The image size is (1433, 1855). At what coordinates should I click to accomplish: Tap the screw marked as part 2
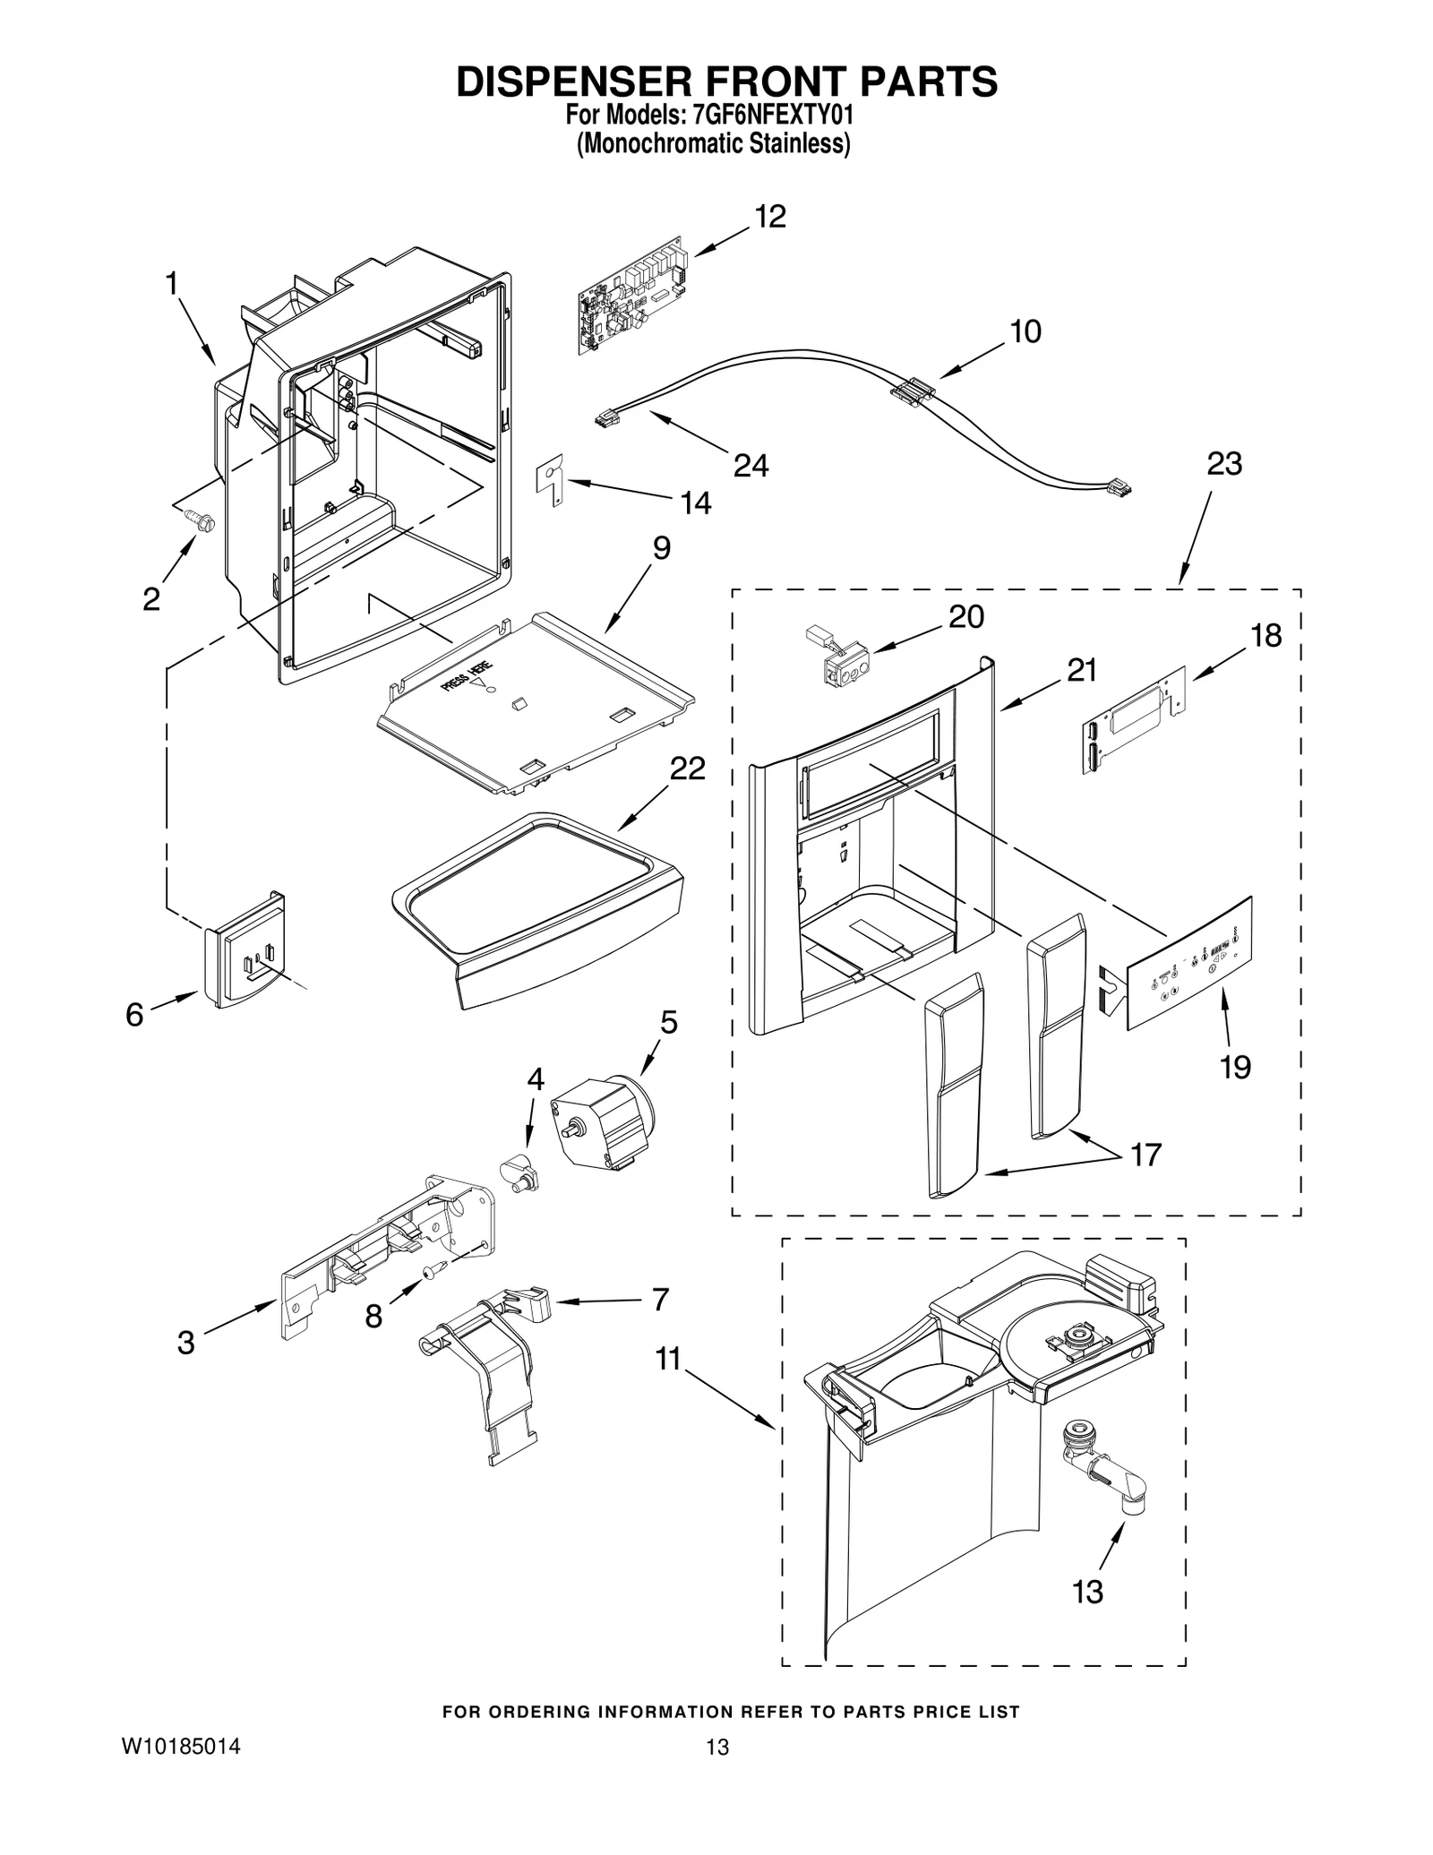click(198, 519)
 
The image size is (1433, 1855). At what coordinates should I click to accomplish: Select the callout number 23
click(1223, 464)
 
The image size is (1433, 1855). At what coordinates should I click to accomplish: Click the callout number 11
click(667, 1359)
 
